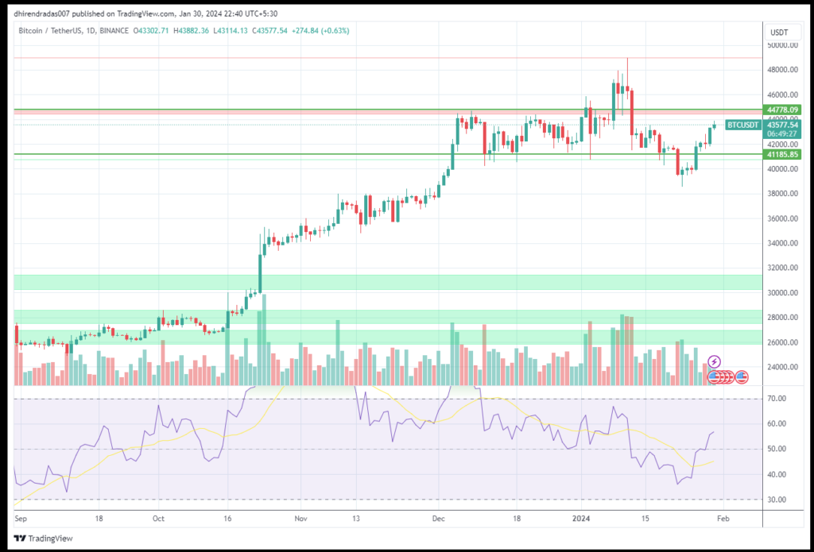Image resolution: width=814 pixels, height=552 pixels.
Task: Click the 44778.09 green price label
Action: tap(781, 110)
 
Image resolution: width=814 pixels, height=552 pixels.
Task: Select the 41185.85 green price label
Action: tap(781, 154)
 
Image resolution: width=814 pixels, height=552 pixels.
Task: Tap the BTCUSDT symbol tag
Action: tap(743, 125)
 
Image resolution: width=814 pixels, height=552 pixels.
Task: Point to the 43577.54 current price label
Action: tap(781, 125)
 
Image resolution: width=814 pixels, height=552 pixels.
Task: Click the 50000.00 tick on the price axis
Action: tap(781, 45)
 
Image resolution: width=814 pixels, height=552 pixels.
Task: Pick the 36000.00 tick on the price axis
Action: tap(781, 218)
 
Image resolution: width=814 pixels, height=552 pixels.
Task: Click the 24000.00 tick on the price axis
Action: tap(781, 367)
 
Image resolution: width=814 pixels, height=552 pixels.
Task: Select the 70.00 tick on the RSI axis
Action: tap(777, 399)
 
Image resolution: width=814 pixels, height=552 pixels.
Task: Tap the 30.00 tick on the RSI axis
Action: tap(777, 500)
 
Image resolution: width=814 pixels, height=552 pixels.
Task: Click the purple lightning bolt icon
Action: tap(714, 362)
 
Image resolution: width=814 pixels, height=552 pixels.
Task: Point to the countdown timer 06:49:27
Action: tap(781, 134)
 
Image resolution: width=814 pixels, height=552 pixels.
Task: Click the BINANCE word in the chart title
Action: tap(113, 30)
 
